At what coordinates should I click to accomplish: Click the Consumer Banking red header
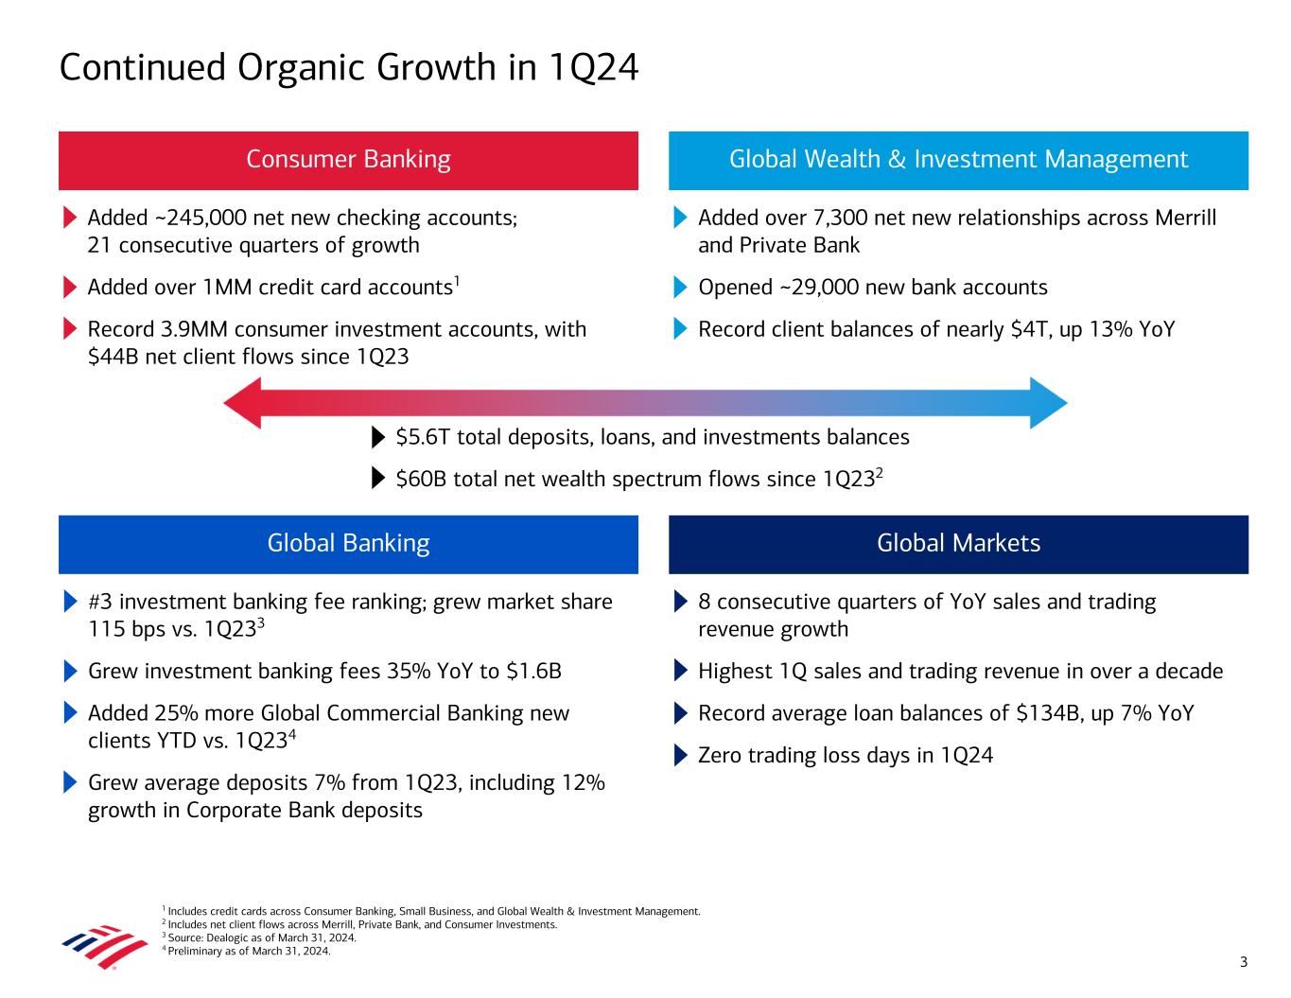point(348,160)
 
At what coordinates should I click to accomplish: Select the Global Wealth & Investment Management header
point(958,160)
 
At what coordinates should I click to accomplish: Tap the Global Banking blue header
point(348,544)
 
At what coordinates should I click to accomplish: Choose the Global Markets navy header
point(958,544)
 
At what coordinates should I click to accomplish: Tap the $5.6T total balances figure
point(422,437)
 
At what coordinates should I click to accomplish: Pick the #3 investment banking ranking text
point(101,603)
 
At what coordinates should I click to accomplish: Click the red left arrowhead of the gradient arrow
point(243,403)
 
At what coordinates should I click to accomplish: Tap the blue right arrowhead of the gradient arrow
point(1048,403)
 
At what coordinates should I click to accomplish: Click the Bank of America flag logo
point(92,946)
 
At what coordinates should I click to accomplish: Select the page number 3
point(1244,963)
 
